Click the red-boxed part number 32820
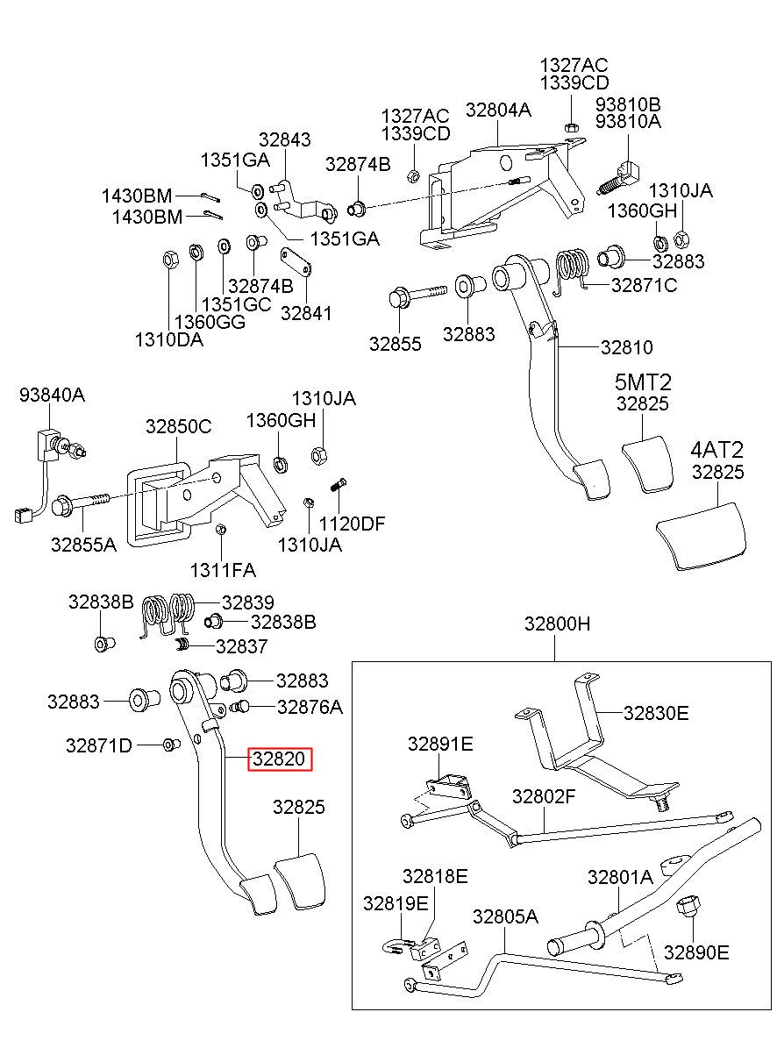[280, 759]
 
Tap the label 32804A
[498, 110]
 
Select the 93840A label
[52, 395]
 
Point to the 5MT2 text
[644, 381]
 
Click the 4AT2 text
[716, 450]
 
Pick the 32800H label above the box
[558, 624]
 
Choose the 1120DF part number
[353, 524]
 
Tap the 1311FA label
[223, 570]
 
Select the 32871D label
[99, 745]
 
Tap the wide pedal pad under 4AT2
[702, 537]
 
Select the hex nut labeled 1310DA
[170, 260]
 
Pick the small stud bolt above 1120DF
[338, 486]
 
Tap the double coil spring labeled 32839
[168, 614]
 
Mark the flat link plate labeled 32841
[296, 261]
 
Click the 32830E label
[656, 713]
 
